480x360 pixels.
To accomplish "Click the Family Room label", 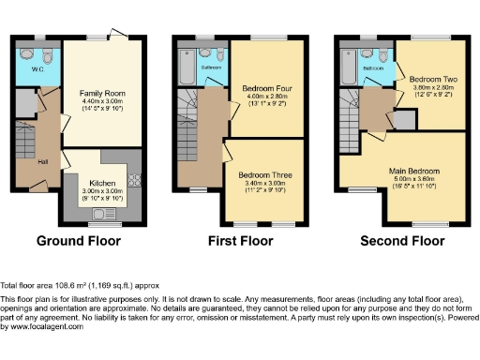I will [100, 93].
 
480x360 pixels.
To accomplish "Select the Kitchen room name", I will [102, 183].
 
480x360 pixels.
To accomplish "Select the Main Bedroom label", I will [414, 171].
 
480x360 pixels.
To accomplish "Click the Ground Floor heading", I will [79, 241].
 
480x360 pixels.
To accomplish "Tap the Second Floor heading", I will [402, 241].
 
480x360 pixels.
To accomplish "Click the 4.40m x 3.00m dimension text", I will [100, 101].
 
